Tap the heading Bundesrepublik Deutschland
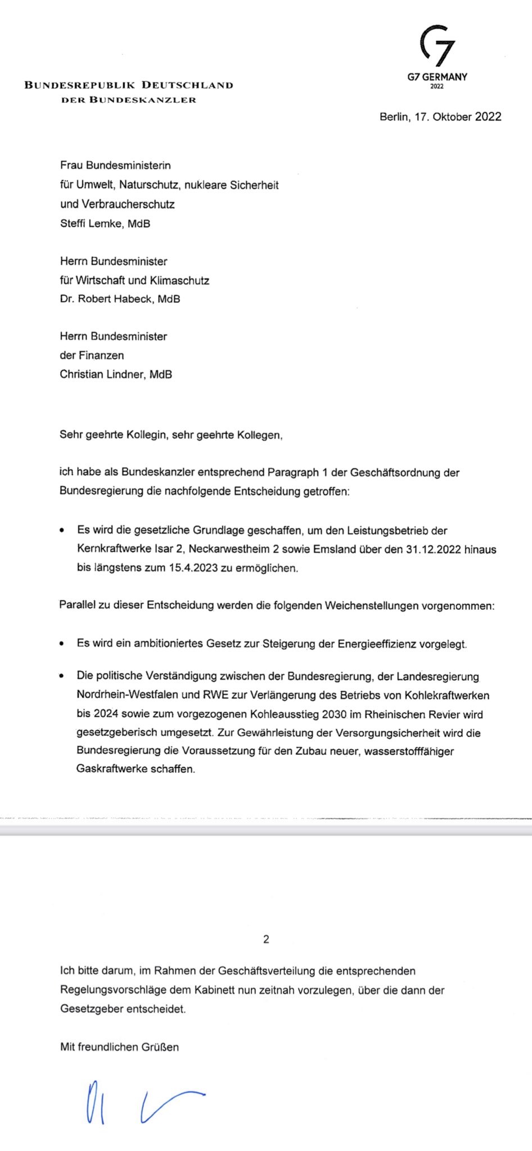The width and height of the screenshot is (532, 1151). click(x=129, y=85)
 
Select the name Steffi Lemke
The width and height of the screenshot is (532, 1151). click(x=91, y=223)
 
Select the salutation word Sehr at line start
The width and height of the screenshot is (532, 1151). click(x=71, y=434)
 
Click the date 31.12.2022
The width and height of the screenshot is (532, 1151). click(x=433, y=549)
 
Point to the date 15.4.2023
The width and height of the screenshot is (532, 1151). click(x=193, y=568)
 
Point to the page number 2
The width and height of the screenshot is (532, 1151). click(x=266, y=939)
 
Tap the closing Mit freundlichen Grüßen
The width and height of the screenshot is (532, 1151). click(x=119, y=1046)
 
